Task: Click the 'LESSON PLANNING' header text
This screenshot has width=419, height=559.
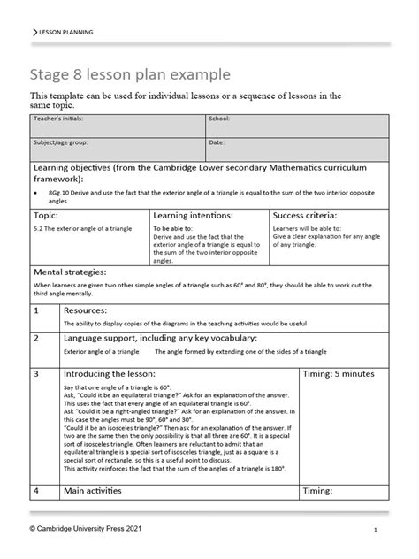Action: pyautogui.click(x=65, y=32)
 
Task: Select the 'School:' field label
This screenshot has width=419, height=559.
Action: pyautogui.click(x=218, y=118)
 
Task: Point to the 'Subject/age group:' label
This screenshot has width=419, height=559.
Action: pyautogui.click(x=60, y=142)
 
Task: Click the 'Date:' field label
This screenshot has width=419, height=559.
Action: pyautogui.click(x=216, y=142)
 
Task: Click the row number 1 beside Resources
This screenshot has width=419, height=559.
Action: pyautogui.click(x=36, y=312)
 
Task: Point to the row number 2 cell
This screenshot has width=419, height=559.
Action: pyautogui.click(x=36, y=339)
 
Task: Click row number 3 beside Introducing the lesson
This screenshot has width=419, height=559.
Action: pyautogui.click(x=36, y=375)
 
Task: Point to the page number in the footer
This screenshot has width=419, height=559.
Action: pyautogui.click(x=376, y=531)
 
